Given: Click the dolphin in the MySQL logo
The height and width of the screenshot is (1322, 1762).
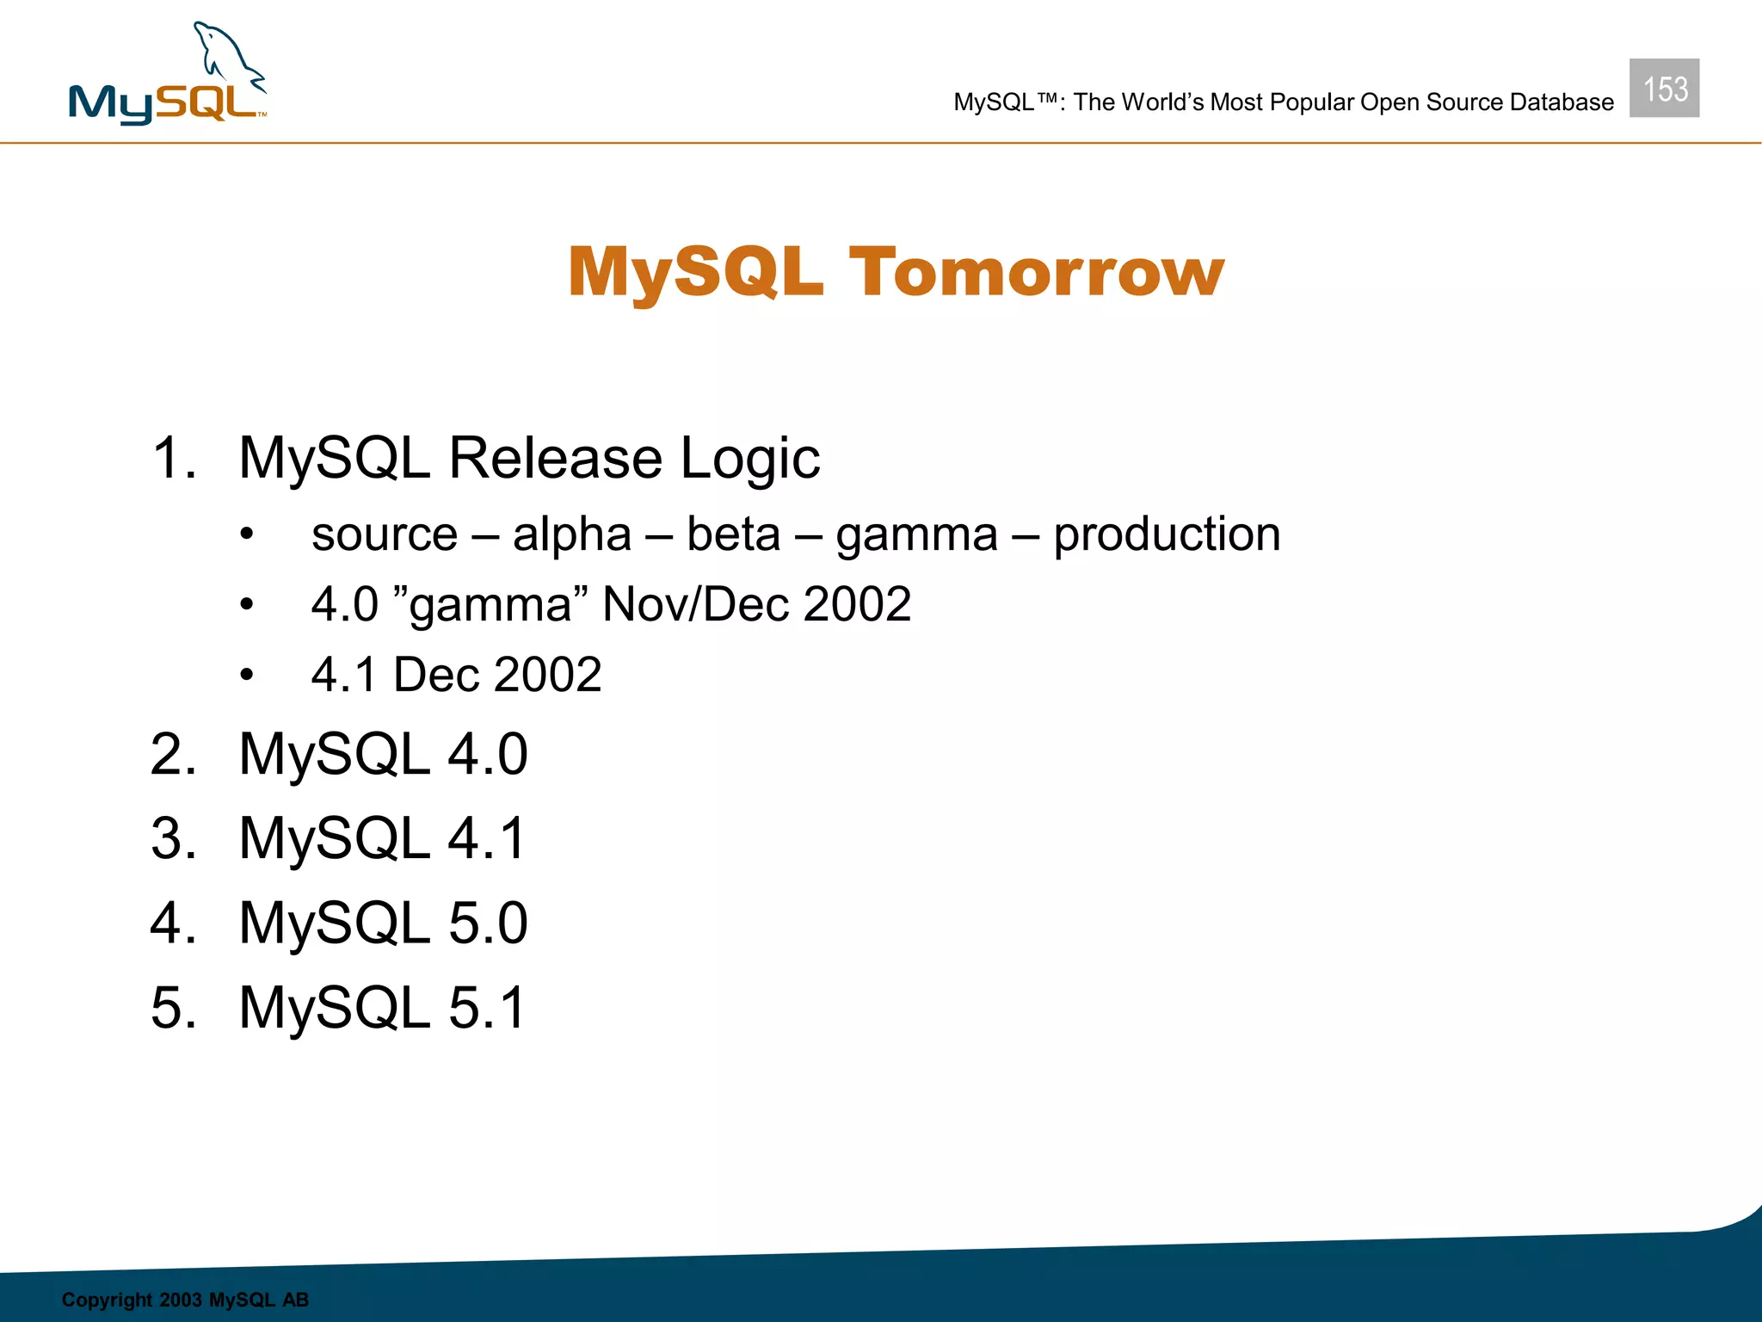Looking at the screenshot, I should coord(225,56).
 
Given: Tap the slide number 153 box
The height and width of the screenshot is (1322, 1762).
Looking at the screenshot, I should coord(1664,89).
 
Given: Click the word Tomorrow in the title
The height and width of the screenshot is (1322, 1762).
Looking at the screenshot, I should coord(1036,273).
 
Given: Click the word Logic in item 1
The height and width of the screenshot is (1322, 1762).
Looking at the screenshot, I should coord(749,459).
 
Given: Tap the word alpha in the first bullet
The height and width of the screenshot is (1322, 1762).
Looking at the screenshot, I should coord(572,535).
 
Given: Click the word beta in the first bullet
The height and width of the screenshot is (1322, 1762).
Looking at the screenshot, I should coord(733,534).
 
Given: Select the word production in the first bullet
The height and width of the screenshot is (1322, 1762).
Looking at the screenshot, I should coord(1167,535).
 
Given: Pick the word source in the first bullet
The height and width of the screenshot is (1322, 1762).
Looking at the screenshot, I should coord(385,535).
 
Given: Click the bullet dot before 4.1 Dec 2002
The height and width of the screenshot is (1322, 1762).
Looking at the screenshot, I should coord(248,676).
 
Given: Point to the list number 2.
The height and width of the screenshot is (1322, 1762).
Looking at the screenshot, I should coord(173,755).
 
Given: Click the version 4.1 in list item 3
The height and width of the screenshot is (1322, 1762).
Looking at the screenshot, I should coord(486,838).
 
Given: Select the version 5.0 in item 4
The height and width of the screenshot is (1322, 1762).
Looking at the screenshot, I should coord(487,923).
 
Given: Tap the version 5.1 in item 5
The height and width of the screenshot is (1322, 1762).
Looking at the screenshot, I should coord(486,1007).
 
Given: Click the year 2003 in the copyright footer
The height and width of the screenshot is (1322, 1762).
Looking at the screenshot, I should coord(180,1300).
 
